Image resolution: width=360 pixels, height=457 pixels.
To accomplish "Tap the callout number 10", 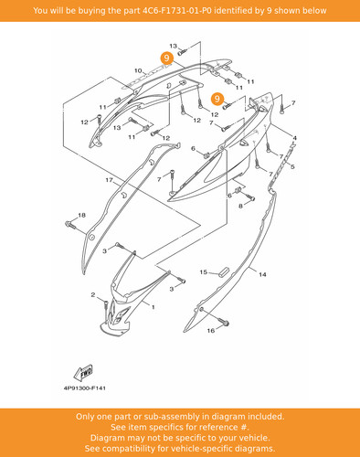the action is [138, 70].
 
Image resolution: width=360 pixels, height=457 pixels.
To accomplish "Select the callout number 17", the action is [110, 180].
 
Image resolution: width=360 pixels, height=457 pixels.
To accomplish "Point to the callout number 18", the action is [82, 215].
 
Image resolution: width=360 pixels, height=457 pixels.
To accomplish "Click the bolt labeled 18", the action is [70, 226].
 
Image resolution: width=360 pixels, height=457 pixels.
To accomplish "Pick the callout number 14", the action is [262, 274].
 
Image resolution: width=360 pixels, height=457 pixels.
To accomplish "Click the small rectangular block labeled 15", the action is [224, 271].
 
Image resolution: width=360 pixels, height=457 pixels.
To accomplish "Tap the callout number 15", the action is [204, 272].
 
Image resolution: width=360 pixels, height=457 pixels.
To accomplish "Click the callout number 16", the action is [211, 330].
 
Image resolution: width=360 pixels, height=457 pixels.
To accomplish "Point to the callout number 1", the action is [154, 307].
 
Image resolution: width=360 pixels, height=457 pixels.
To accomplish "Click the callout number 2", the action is [93, 295].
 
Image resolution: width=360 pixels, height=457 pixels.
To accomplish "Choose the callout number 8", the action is [240, 206].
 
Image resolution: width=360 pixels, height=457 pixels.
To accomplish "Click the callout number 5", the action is [292, 166].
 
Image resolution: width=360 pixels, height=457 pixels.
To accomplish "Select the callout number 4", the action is [294, 138].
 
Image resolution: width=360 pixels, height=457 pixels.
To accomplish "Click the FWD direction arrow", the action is [84, 373].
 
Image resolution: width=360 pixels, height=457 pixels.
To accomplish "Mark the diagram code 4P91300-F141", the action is [85, 388].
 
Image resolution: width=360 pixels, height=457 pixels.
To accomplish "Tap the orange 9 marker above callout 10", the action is [166, 58].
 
